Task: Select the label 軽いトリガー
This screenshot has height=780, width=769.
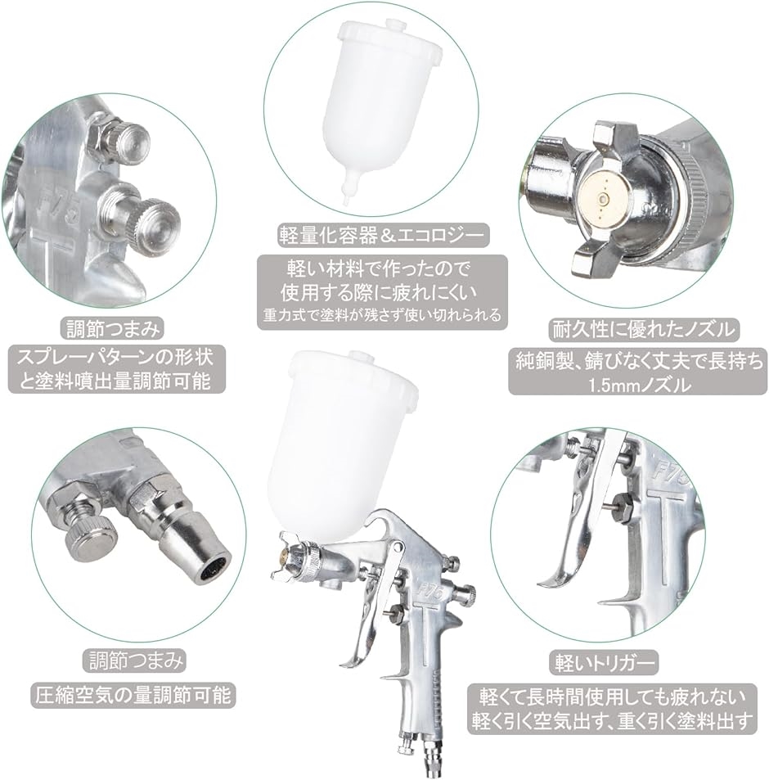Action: pyautogui.click(x=605, y=663)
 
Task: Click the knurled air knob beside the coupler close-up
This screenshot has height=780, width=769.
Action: pyautogui.click(x=92, y=539)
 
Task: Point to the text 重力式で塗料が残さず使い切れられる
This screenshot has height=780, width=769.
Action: pyautogui.click(x=382, y=314)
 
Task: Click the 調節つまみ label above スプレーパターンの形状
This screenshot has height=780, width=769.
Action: pyautogui.click(x=115, y=329)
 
